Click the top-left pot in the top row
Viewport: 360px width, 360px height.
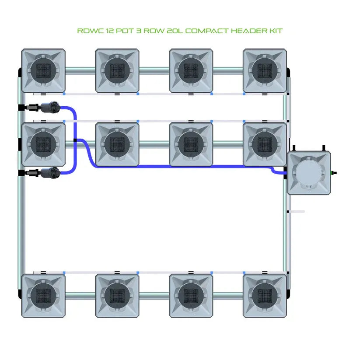(43, 70)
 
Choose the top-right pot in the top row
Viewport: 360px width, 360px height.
(265, 70)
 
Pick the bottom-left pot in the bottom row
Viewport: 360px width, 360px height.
(43, 296)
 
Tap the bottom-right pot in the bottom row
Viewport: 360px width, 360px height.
(265, 296)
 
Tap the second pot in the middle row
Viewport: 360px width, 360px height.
(117, 144)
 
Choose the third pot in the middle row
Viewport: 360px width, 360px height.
(191, 144)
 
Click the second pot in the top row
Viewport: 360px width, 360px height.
(117, 70)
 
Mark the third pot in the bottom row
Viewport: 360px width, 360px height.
(191, 296)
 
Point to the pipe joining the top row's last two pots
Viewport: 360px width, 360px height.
(228, 70)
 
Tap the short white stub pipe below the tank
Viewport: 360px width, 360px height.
(297, 212)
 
